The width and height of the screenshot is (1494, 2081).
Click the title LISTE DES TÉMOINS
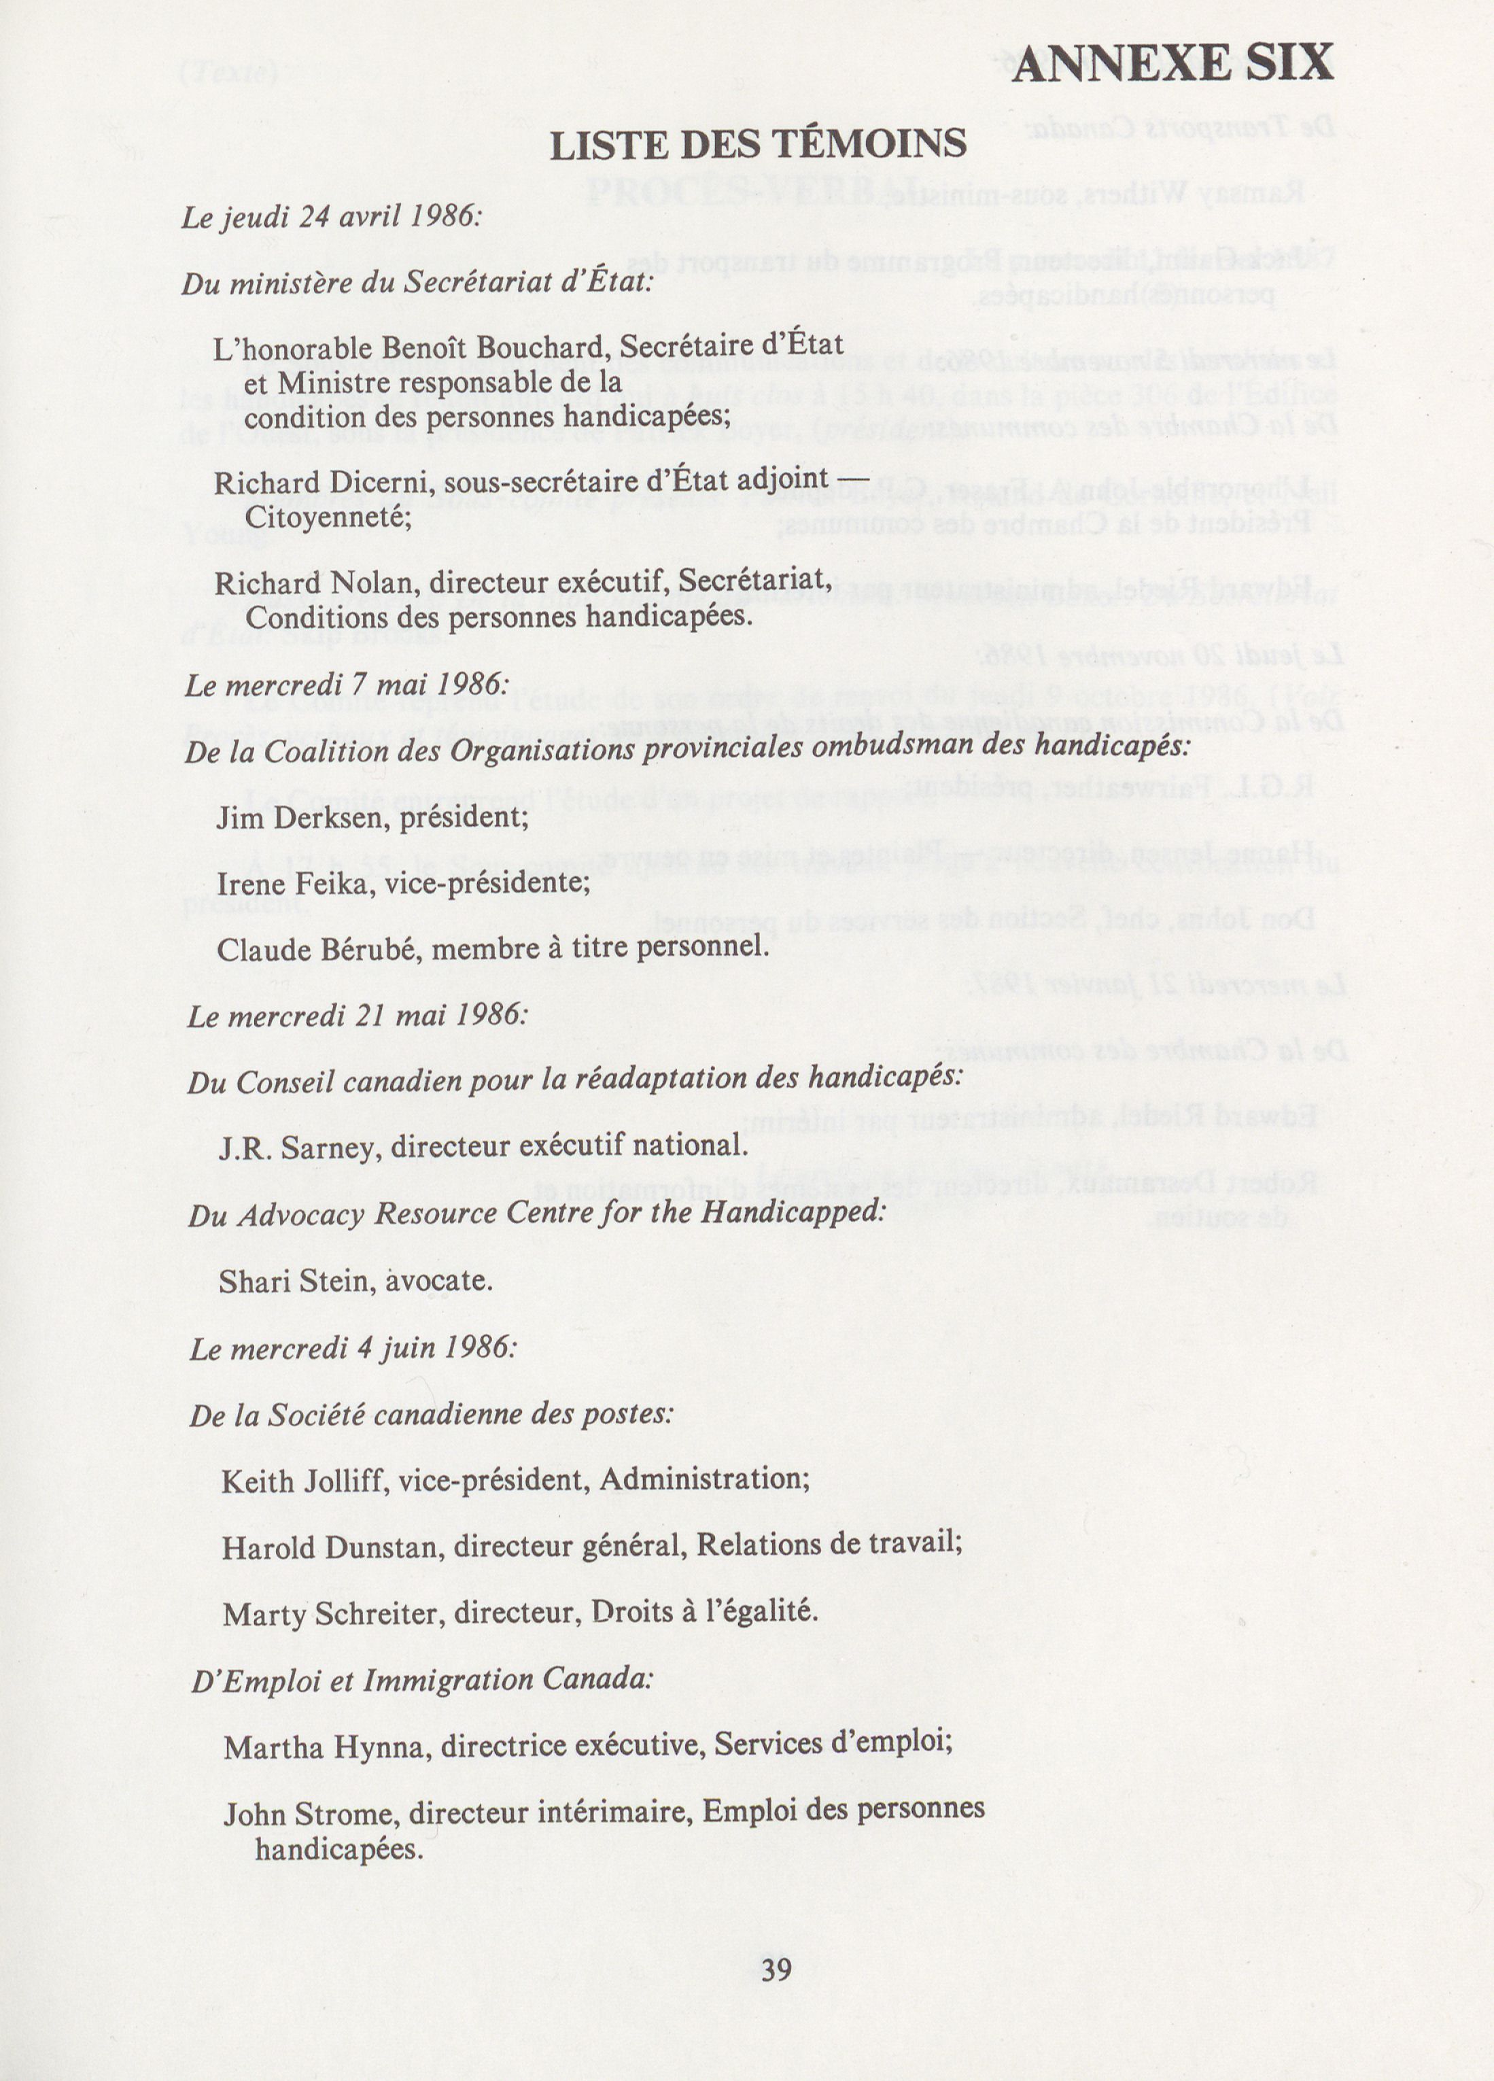[x=758, y=145]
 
